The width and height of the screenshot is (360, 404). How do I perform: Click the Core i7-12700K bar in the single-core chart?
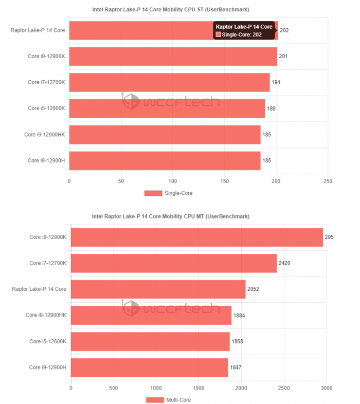point(169,82)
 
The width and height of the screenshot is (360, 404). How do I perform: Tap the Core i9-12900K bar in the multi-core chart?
point(196,237)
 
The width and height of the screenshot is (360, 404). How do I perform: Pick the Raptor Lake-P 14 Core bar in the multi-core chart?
point(158,289)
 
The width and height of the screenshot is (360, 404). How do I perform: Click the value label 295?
point(330,237)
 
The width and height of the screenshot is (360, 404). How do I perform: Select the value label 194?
point(276,82)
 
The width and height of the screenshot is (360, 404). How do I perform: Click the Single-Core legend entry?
point(168,193)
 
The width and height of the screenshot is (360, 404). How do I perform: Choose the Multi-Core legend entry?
point(169,400)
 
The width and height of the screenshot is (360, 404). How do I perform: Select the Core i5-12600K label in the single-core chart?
point(46,108)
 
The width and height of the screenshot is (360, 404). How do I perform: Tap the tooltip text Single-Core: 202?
point(242,34)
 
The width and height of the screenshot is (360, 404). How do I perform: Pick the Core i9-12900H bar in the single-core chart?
point(165,160)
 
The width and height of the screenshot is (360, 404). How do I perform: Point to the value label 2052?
point(253,289)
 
